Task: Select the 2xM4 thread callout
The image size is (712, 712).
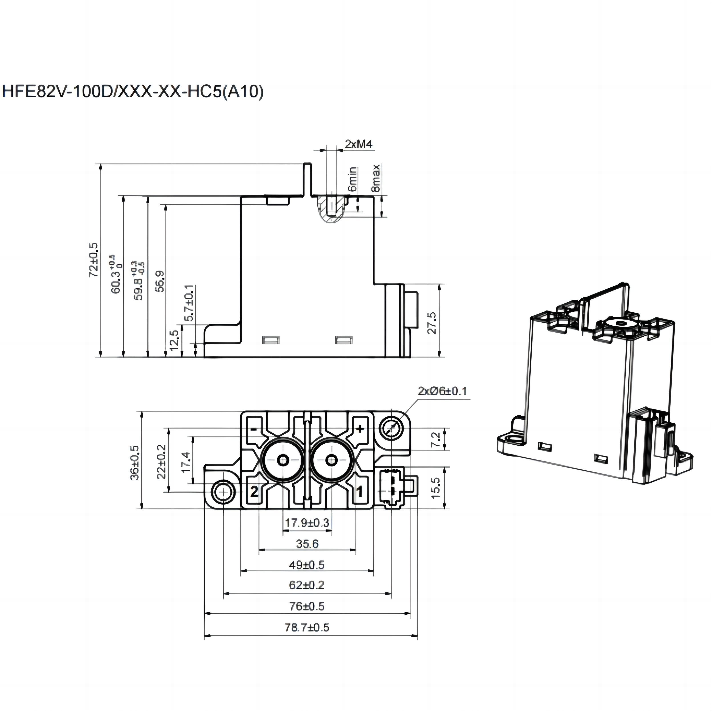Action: (358, 144)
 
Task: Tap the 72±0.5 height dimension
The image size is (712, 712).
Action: (94, 260)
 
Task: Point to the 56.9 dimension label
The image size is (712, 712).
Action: (160, 281)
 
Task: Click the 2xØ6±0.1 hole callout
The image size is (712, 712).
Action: (442, 391)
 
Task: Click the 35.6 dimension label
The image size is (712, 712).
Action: (307, 544)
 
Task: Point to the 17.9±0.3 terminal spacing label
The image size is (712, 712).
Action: (307, 523)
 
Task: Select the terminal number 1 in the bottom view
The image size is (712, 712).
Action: (359, 492)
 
